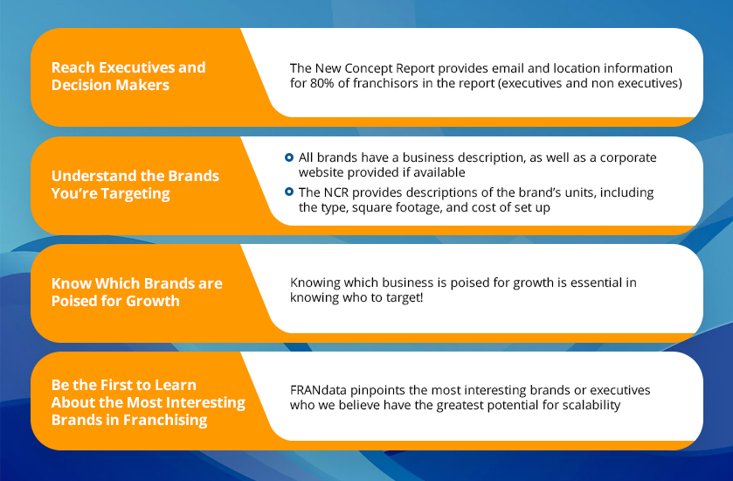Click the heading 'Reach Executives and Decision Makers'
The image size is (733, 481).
(128, 76)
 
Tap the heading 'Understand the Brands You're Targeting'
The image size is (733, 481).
(135, 185)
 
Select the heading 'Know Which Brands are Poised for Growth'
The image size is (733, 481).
(137, 292)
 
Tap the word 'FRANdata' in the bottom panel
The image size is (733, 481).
(318, 390)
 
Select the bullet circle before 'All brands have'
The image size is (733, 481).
(289, 157)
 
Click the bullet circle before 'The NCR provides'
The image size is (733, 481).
(289, 192)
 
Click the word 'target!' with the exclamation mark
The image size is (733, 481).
(405, 297)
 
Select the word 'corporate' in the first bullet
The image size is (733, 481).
(628, 158)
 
